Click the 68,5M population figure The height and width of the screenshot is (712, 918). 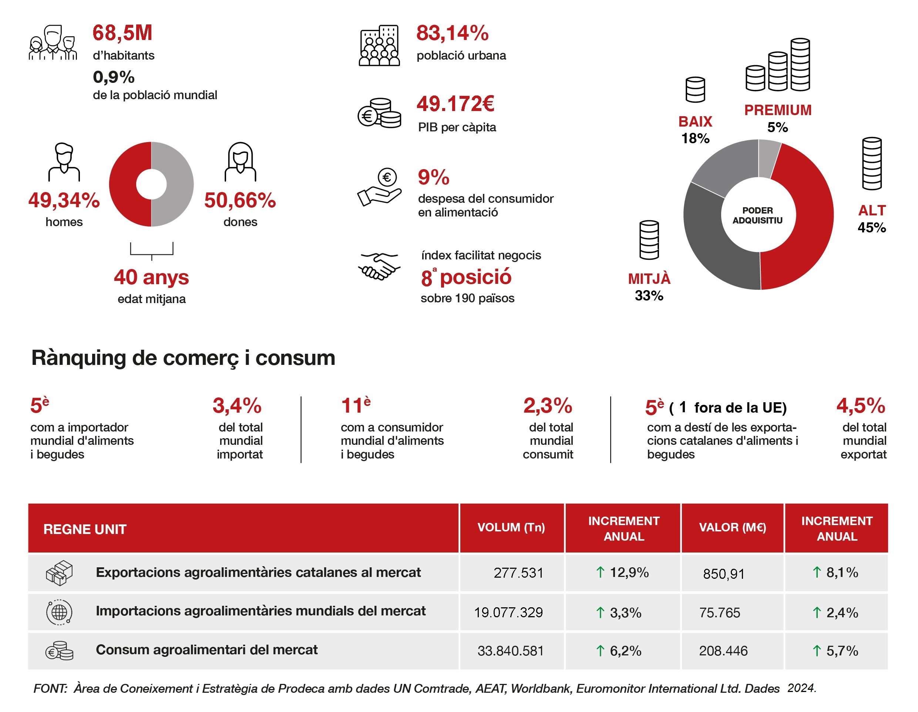coord(122,33)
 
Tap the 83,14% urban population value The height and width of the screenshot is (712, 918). coord(452,33)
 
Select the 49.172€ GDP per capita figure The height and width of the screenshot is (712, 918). coord(455,104)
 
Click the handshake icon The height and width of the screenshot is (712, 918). coord(379,266)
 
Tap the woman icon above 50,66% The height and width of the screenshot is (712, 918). coord(241,162)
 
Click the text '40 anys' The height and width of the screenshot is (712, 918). coord(151,278)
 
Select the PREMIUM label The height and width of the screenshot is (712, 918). coord(778,110)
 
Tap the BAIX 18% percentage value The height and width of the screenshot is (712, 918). coord(695,138)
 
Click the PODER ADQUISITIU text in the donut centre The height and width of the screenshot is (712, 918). coord(757,215)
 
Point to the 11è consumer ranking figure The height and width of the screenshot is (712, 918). coord(356,405)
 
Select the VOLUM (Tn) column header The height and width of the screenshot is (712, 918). coord(511,527)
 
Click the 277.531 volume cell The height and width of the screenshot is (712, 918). coord(518,573)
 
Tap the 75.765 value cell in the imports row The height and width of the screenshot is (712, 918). coord(720,613)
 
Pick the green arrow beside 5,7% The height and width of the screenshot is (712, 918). coord(817,651)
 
